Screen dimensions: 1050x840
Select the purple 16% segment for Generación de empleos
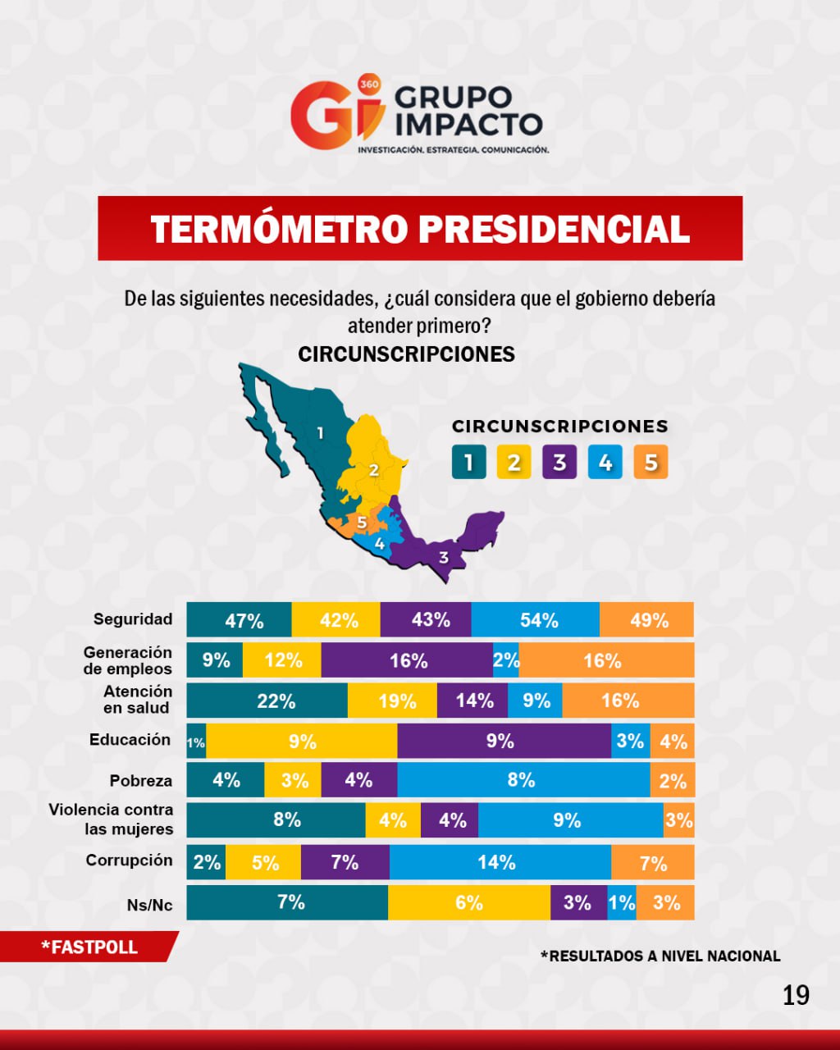coord(408,660)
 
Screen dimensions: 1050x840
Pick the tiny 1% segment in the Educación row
coord(196,742)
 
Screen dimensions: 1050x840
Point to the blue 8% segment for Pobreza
coord(523,780)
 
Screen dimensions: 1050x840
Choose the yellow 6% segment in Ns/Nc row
coord(469,902)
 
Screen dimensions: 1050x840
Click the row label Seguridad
coord(133,619)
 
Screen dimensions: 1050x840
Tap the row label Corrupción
coord(129,861)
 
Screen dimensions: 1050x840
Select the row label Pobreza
coord(141,781)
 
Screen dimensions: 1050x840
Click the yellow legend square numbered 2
coord(514,463)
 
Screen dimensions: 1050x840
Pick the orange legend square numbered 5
coord(651,463)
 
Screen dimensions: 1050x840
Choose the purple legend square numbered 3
coord(559,463)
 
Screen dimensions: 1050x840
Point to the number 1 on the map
coord(320,432)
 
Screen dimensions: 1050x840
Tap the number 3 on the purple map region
coord(444,558)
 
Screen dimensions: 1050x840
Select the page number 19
coord(796,995)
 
